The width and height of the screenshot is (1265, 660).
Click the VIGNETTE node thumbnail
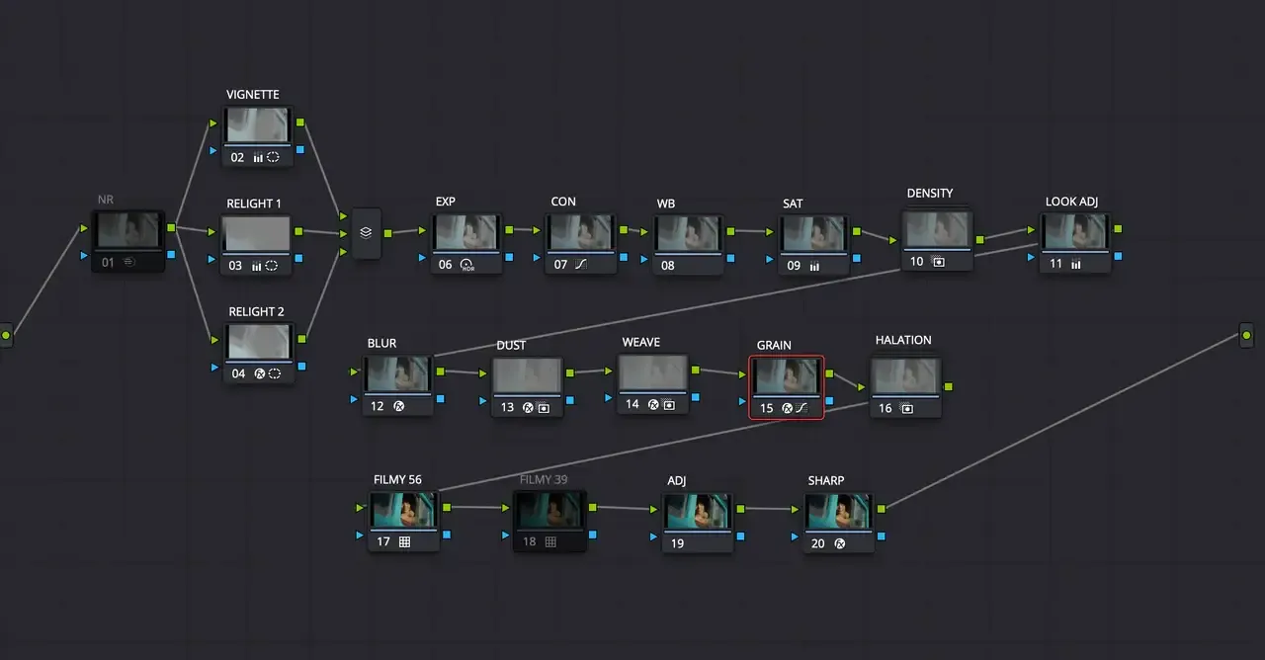pos(257,125)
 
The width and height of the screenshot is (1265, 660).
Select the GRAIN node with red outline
pos(786,376)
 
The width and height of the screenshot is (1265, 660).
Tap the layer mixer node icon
pos(366,233)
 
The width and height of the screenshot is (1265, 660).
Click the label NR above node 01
pos(106,200)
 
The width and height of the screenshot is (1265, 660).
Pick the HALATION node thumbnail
pos(905,375)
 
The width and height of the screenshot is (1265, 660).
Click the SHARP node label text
pos(825,481)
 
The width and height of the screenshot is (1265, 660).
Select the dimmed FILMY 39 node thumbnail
pos(548,511)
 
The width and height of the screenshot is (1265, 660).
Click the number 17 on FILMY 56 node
pos(382,542)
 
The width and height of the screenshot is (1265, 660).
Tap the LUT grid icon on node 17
pos(404,542)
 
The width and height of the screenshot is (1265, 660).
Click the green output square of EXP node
pos(509,229)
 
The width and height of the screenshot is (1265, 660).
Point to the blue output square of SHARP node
pos(881,536)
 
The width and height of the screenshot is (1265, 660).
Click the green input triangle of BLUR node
pos(355,371)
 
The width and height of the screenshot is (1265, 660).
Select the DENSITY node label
pos(929,193)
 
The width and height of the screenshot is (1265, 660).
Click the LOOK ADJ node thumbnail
pos(1074,232)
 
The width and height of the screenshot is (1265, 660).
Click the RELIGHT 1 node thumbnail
pos(257,234)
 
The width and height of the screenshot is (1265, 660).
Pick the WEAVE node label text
pos(640,342)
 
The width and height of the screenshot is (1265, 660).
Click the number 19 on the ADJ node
pos(677,543)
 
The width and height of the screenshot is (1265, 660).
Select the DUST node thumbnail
pos(527,376)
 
